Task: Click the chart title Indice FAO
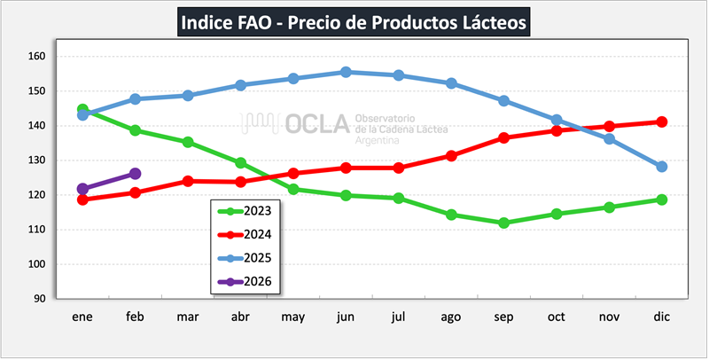(x=354, y=20)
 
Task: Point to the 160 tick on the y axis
(x=36, y=56)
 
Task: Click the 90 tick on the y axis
(x=39, y=299)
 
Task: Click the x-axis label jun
(x=346, y=316)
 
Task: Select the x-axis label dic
(x=661, y=316)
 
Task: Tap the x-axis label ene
(x=82, y=316)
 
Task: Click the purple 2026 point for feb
(x=135, y=174)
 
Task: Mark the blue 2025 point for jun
(x=346, y=72)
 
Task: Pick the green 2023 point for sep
(x=503, y=223)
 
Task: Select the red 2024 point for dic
(x=661, y=121)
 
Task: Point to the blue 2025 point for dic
(x=661, y=167)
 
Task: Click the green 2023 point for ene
(x=82, y=109)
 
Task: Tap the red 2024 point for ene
(x=82, y=200)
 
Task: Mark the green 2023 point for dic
(x=661, y=200)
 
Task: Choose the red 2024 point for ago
(x=451, y=155)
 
